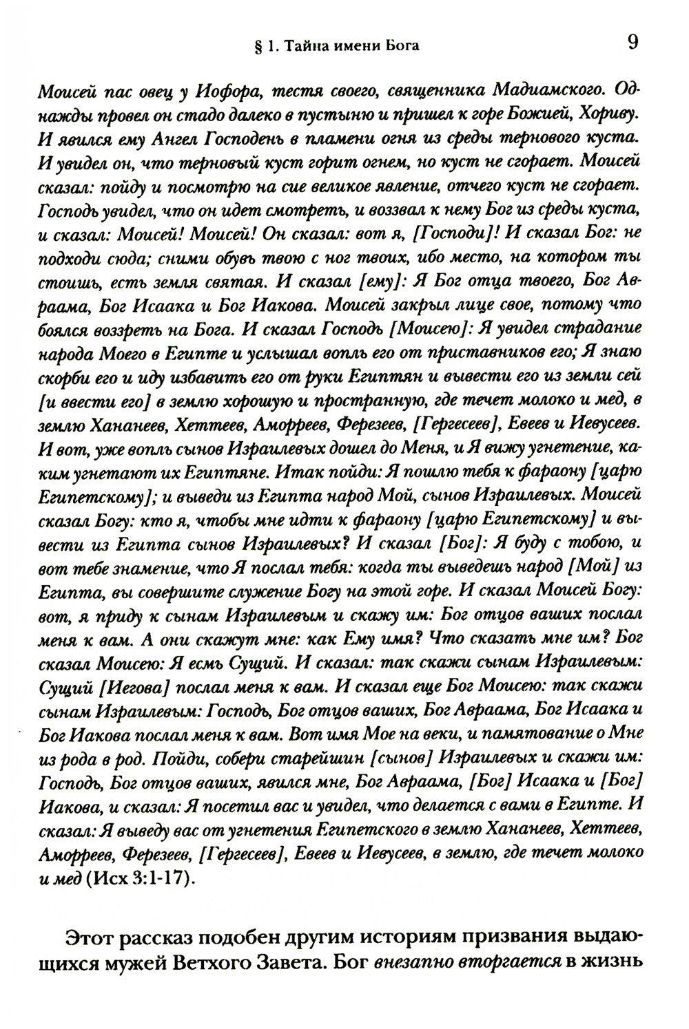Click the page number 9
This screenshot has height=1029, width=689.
(x=633, y=43)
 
